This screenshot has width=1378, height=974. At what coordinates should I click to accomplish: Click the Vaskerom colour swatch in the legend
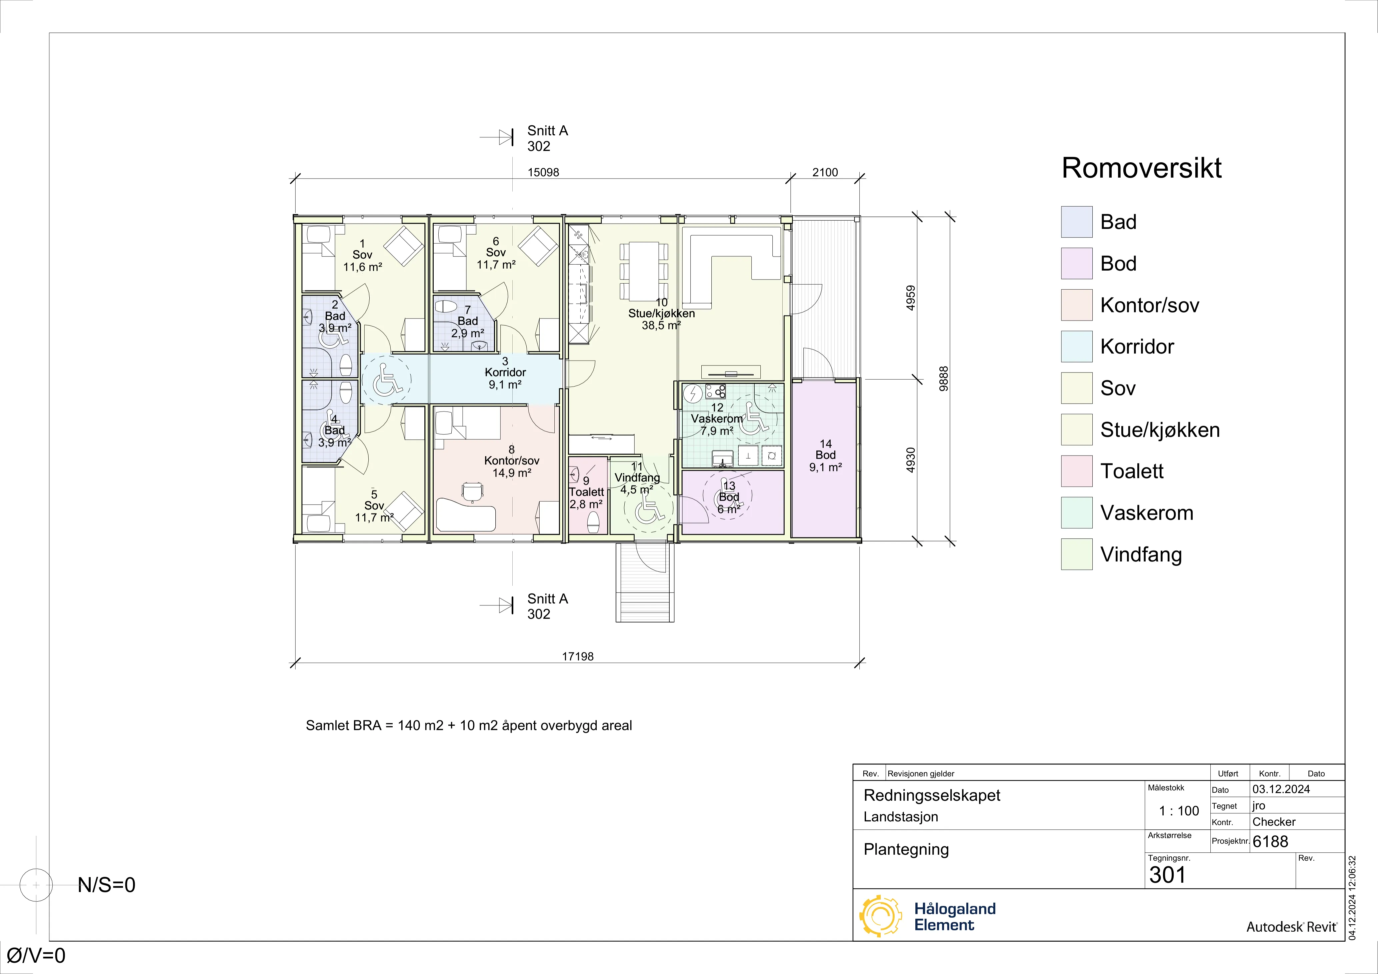tap(1077, 512)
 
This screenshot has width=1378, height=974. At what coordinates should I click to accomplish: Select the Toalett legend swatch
tap(1077, 471)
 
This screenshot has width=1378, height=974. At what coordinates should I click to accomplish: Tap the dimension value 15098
tap(543, 172)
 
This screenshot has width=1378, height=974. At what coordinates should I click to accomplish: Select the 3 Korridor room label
tap(505, 373)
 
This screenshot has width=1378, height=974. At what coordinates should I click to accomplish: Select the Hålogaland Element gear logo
tap(880, 916)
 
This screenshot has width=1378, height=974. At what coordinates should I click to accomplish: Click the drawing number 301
tap(1167, 875)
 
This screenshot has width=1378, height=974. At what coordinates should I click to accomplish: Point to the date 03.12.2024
tap(1281, 789)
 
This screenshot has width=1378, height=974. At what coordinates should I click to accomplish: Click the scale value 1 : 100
tap(1179, 811)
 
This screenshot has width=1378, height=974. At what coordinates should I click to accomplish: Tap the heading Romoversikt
tap(1142, 168)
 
